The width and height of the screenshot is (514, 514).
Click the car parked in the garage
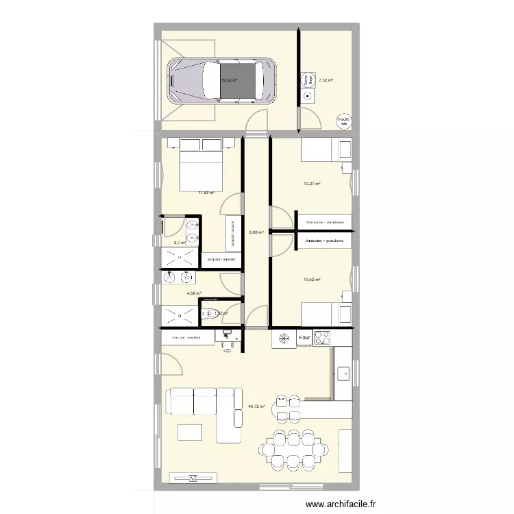pos(222,79)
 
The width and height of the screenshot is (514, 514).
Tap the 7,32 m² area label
pos(325,80)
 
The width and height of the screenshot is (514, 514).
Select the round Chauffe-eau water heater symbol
pos(343,121)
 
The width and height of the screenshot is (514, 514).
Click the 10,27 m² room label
pos(313,184)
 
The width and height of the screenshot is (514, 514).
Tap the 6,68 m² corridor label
pos(256,232)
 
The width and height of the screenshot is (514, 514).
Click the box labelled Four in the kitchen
pos(304,337)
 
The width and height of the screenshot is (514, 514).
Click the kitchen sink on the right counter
pos(343,374)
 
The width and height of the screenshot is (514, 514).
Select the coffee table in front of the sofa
pos(190,432)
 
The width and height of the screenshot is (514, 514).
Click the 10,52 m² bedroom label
pos(313,279)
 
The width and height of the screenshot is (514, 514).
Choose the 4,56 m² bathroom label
pos(195,293)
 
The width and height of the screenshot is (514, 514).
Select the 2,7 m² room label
pos(180,243)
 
